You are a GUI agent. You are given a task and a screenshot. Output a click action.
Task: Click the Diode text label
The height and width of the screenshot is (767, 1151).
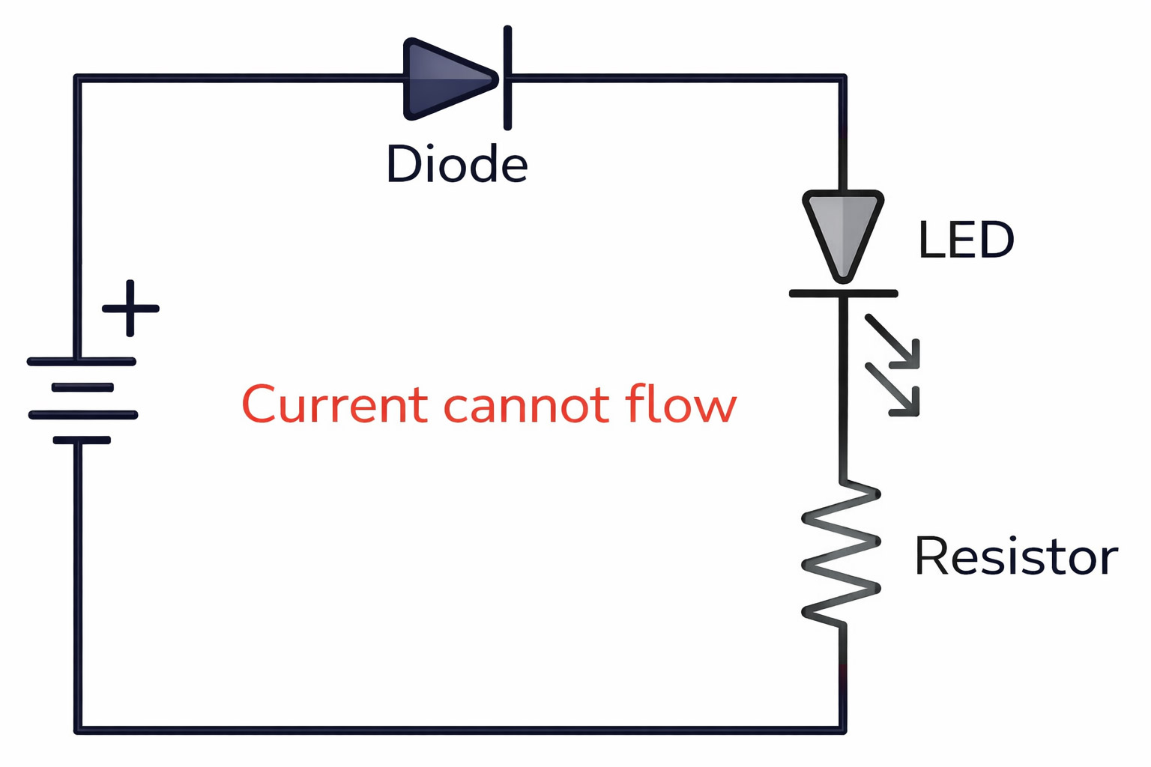(456, 164)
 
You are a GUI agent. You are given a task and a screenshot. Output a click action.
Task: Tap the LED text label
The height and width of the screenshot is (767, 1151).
(965, 240)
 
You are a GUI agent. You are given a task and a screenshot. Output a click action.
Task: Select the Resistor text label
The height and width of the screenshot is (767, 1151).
(1015, 557)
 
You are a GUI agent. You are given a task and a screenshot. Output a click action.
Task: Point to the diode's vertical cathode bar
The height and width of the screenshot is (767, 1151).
(508, 78)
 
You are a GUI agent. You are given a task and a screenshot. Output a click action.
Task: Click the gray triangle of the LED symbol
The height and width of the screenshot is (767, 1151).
(843, 231)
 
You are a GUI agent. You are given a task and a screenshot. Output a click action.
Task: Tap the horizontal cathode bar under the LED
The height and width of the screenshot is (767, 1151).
(843, 294)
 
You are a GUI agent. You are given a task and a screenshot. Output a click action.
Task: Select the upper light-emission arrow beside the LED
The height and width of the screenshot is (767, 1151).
(892, 342)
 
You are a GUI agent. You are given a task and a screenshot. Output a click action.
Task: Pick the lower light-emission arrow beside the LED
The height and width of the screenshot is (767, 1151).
(892, 389)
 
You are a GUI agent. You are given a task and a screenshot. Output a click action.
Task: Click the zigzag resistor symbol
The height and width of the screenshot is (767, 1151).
(842, 554)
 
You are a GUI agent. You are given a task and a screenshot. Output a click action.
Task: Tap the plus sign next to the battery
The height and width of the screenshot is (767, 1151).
(130, 308)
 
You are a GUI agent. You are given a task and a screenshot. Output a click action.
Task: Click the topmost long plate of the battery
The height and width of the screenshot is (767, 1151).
(81, 362)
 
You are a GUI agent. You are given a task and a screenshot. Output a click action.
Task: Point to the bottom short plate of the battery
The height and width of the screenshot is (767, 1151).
(82, 440)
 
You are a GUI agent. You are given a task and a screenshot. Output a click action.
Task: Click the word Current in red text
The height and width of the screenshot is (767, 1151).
(334, 405)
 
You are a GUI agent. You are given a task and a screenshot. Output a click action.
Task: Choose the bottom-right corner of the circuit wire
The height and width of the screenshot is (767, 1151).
(842, 730)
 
